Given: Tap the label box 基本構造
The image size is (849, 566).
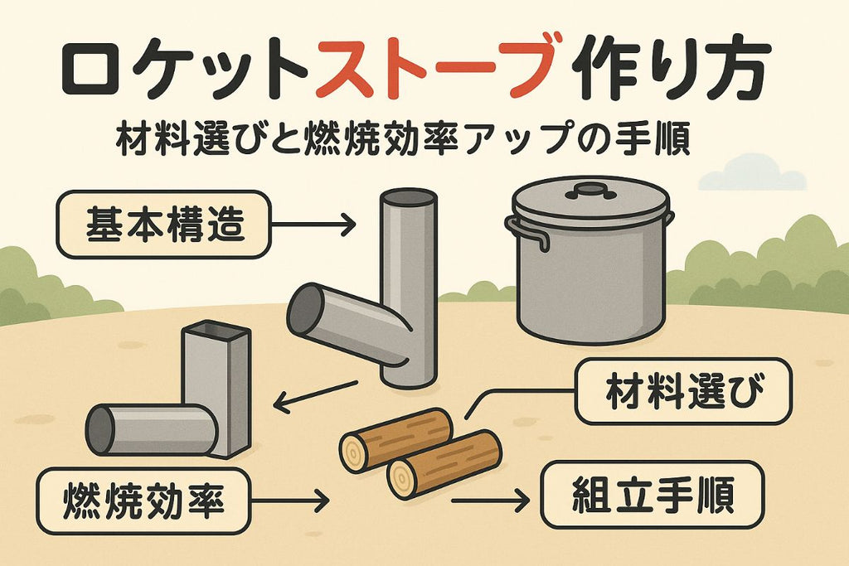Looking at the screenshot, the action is (x=163, y=225).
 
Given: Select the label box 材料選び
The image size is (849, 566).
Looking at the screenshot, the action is (x=683, y=391).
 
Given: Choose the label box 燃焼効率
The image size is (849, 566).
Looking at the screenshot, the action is (x=143, y=501).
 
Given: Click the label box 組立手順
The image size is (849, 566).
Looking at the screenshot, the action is (x=653, y=495).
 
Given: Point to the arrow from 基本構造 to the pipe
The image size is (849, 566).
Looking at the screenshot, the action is (x=313, y=224).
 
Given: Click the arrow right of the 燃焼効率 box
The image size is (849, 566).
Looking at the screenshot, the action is (x=290, y=501).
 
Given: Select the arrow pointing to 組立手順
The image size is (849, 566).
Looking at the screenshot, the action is (x=491, y=501).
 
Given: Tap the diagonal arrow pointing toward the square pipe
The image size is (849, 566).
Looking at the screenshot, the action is (x=316, y=395).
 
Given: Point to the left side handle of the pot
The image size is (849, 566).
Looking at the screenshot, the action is (x=526, y=231).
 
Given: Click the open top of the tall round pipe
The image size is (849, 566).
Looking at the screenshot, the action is (x=408, y=197).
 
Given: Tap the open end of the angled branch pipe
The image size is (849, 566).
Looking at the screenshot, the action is (x=305, y=310).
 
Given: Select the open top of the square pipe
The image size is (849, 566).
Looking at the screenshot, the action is (x=216, y=329).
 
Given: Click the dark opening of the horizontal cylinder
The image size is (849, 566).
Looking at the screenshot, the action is (x=100, y=430).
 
